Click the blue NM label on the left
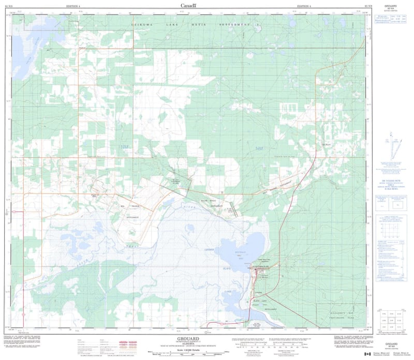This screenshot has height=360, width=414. click(x=124, y=148)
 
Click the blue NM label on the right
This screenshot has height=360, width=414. click(x=259, y=149)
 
